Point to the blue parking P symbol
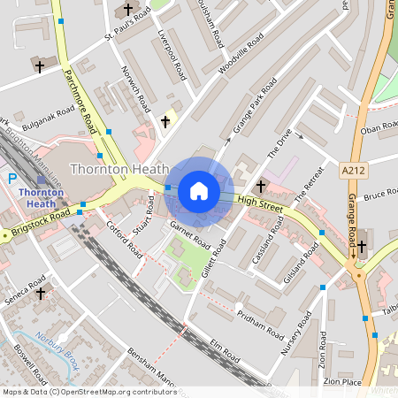[12, 179]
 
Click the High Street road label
[259, 206]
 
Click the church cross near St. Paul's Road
[128, 11]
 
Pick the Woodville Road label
[241, 53]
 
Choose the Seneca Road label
[25, 293]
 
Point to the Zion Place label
[343, 381]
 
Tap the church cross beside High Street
[261, 187]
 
